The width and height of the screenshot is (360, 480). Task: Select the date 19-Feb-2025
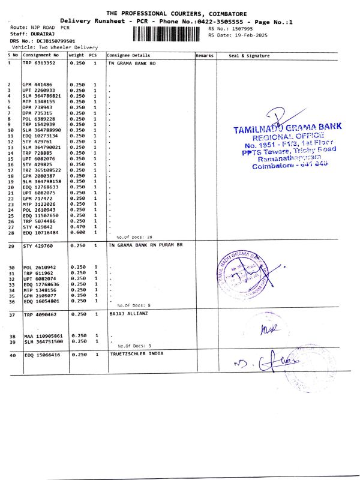(x=250, y=35)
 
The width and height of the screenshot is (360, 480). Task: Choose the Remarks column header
(x=205, y=55)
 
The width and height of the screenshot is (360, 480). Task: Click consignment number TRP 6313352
(x=39, y=62)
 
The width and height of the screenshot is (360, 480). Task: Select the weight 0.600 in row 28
(x=77, y=232)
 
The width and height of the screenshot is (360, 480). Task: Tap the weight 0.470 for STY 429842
(x=77, y=227)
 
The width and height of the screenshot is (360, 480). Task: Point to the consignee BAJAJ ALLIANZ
(x=125, y=313)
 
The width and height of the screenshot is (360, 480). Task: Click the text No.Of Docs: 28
(x=130, y=238)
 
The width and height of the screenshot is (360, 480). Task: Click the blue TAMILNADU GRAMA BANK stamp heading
(x=287, y=128)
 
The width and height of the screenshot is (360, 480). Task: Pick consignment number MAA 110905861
(x=42, y=335)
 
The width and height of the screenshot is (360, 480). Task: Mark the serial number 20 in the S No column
(x=11, y=187)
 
